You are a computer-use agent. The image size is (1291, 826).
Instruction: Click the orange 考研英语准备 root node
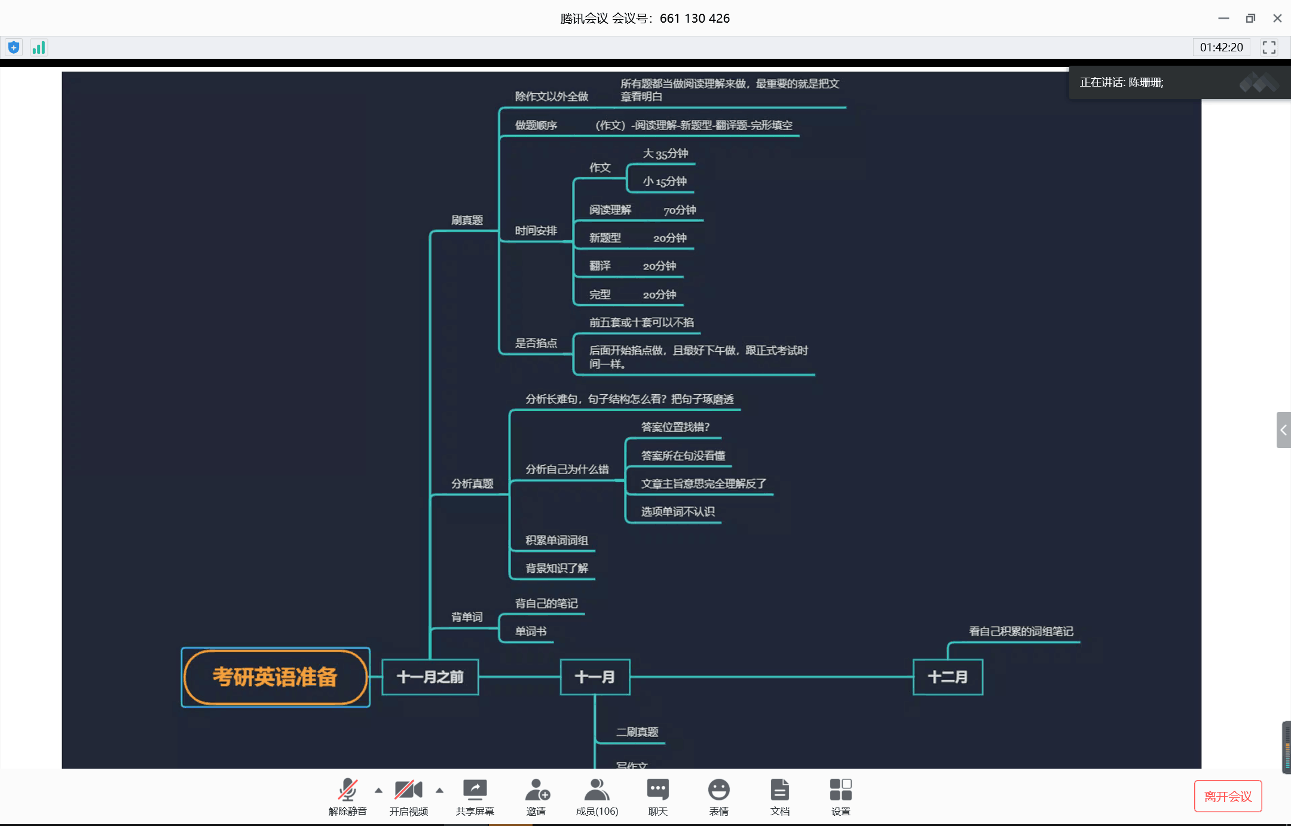(276, 677)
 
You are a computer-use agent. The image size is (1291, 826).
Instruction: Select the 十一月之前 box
(430, 677)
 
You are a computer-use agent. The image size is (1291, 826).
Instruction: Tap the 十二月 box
(947, 677)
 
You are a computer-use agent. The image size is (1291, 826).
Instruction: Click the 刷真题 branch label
(467, 220)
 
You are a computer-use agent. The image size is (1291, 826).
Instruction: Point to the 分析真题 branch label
(472, 484)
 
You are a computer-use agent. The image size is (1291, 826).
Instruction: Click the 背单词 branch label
(467, 617)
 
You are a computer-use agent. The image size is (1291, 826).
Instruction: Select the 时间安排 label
(536, 231)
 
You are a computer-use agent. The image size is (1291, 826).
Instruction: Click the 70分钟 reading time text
(680, 210)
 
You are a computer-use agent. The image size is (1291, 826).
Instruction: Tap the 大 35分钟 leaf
(665, 154)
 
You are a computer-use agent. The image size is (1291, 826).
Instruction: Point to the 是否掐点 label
(536, 343)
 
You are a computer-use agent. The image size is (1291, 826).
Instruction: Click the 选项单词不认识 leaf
(678, 512)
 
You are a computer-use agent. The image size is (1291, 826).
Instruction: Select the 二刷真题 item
(637, 732)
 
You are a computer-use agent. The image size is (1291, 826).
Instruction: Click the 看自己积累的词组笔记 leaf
(1021, 631)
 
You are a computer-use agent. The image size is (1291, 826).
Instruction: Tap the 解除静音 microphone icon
(347, 790)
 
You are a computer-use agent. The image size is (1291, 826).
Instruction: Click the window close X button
(1277, 19)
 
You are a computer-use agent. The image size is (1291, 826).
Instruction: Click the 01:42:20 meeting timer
(1221, 48)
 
